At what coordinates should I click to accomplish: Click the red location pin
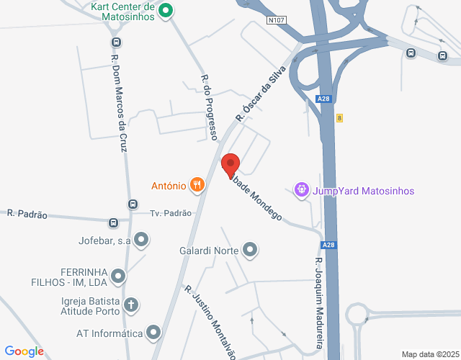(x=230, y=165)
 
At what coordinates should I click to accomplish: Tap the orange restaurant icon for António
(x=197, y=185)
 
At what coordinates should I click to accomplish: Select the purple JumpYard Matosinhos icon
(x=301, y=190)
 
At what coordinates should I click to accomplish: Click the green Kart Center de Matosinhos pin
(x=165, y=11)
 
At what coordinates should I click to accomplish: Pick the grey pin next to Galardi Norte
(x=250, y=251)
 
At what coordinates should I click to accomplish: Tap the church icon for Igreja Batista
(x=131, y=305)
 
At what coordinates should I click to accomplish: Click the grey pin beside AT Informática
(x=153, y=333)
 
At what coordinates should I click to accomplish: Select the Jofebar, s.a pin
(x=142, y=240)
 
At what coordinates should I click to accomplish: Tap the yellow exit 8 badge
(x=338, y=117)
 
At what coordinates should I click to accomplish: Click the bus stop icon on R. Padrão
(x=114, y=222)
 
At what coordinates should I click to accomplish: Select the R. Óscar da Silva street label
(x=261, y=94)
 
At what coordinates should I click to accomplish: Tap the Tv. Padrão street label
(x=171, y=213)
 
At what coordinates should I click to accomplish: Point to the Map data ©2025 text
(x=429, y=354)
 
